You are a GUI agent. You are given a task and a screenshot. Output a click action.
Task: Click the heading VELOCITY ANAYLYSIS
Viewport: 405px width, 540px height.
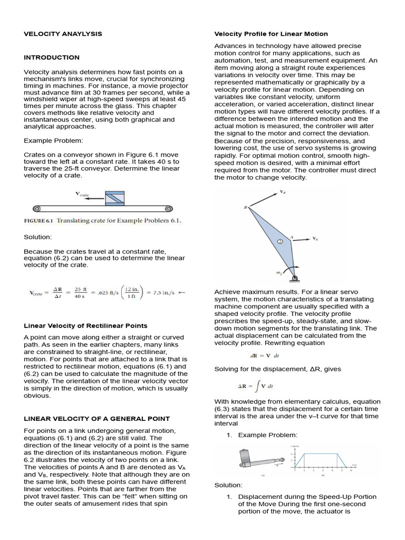pos(63,34)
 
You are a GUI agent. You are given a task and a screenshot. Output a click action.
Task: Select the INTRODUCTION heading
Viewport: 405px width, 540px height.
pos(52,57)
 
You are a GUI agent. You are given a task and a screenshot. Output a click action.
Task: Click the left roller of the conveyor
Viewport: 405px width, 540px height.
pos(36,208)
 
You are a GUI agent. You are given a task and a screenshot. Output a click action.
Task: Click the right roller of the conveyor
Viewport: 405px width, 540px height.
pos(168,208)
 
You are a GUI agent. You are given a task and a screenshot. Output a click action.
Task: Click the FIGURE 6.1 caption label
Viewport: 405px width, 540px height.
pos(39,221)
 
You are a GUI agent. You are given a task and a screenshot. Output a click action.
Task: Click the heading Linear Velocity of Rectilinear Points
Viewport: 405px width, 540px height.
pos(85,325)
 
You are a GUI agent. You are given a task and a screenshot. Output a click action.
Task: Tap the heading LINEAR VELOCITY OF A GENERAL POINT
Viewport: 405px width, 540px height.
pos(97,419)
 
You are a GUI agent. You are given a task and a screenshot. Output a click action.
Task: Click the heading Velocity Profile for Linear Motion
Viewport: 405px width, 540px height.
pos(271,34)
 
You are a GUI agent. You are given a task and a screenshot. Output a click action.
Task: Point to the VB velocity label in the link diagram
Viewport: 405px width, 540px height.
pos(283,192)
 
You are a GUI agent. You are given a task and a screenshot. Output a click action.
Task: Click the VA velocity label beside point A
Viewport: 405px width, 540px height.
pos(315,239)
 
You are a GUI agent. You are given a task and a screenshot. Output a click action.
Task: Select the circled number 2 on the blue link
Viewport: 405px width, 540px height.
pos(281,241)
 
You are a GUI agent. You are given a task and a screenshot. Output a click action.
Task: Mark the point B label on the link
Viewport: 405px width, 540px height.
pos(245,208)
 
